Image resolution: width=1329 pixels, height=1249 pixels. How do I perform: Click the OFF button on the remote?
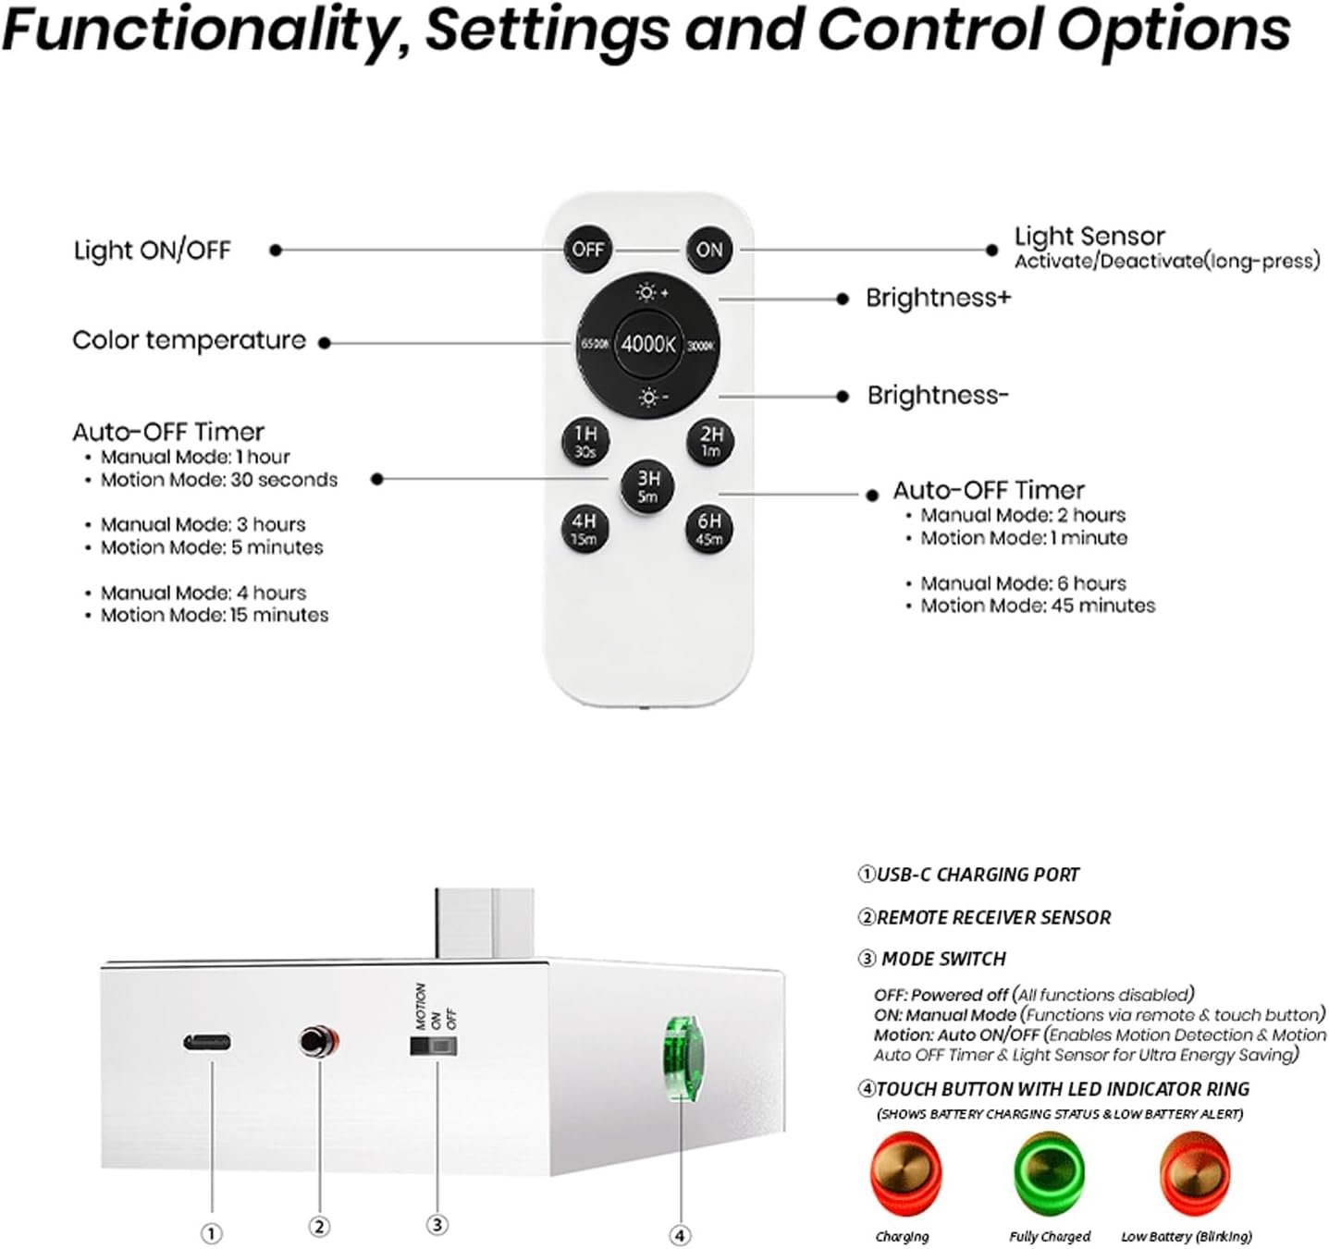[587, 250]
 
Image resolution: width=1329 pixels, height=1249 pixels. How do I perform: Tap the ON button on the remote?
[709, 250]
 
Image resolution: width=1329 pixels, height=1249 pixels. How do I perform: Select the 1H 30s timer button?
[585, 442]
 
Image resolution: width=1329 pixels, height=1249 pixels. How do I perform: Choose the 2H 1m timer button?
[710, 442]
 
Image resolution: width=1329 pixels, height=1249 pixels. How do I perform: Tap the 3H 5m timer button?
[647, 486]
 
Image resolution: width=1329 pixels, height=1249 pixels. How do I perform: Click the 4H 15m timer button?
[585, 529]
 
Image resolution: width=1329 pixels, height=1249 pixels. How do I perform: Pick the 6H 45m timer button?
[709, 529]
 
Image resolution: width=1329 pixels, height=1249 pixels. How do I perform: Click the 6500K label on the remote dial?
[595, 344]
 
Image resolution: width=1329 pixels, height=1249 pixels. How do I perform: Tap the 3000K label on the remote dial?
[701, 345]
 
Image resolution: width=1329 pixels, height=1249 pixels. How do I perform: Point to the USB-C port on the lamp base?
[207, 1042]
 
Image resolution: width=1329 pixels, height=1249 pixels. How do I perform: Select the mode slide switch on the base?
[434, 1046]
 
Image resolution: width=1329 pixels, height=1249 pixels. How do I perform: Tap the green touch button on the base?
[683, 1059]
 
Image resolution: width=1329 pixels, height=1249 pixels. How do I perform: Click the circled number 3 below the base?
[437, 1225]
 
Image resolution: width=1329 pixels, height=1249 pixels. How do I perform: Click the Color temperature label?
[189, 340]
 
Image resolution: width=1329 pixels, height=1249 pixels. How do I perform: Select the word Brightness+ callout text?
[938, 298]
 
